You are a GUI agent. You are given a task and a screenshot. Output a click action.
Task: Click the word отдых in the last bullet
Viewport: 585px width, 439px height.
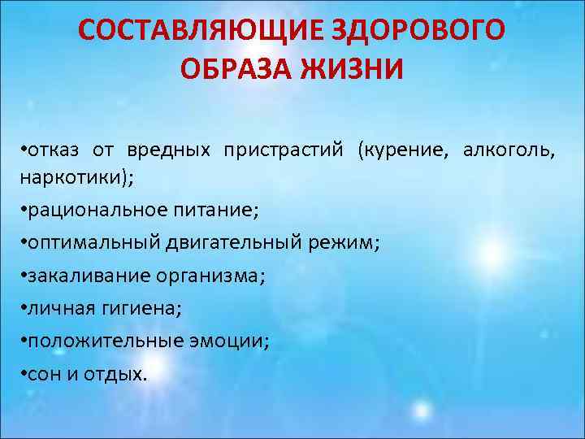pos(115,373)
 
